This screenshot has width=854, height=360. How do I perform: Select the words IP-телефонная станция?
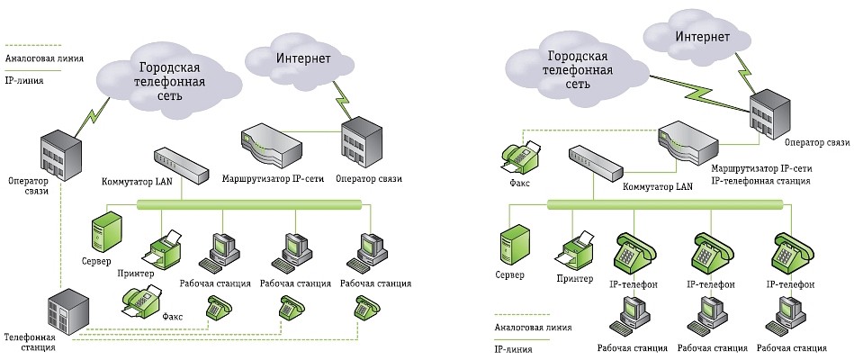(x=761, y=181)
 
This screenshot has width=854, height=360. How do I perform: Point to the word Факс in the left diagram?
(x=173, y=318)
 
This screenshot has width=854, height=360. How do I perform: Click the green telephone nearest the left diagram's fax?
(x=216, y=308)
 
